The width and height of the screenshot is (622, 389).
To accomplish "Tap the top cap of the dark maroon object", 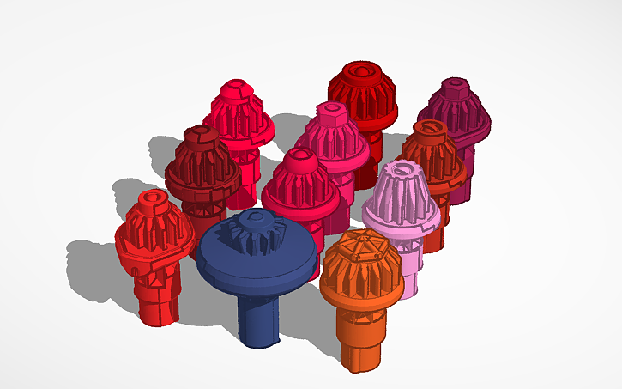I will click(x=201, y=134).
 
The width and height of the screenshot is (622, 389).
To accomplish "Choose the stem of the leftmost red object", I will click(x=159, y=296).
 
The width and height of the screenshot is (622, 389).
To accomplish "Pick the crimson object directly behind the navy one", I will click(x=300, y=185).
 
